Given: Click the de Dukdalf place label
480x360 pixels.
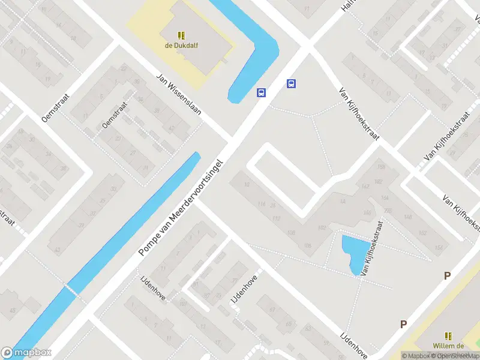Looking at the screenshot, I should [181, 44].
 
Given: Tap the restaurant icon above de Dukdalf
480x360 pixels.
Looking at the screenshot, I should [181, 35].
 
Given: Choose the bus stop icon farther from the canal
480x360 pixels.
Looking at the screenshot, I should [292, 84].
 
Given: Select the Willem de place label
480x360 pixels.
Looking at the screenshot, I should [448, 346].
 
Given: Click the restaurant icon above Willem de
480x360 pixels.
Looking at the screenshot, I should [448, 336].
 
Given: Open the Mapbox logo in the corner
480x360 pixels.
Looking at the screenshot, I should [26, 353].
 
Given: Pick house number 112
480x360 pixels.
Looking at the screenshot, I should [276, 218].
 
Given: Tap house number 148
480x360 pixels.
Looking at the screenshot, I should [408, 217].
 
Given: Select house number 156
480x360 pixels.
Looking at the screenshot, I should [439, 248].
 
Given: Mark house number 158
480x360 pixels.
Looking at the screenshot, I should [380, 167].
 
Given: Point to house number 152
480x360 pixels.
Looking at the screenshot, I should [423, 233].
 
